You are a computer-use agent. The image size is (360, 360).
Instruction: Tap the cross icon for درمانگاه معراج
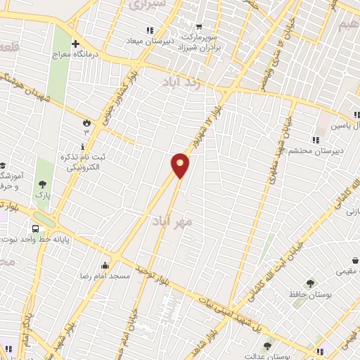pyautogui.click(x=75, y=44)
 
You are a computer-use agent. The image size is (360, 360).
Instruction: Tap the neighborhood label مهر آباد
pyautogui.click(x=170, y=221)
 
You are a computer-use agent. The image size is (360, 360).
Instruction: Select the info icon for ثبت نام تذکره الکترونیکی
pyautogui.click(x=84, y=146)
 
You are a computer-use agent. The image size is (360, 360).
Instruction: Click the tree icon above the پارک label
pyautogui.click(x=43, y=184)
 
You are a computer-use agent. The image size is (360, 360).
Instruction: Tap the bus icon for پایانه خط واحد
pyautogui.click(x=34, y=228)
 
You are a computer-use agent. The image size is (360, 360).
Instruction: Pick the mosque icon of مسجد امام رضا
pyautogui.click(x=105, y=266)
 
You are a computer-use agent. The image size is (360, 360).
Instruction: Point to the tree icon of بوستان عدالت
pyautogui.click(x=267, y=346)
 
